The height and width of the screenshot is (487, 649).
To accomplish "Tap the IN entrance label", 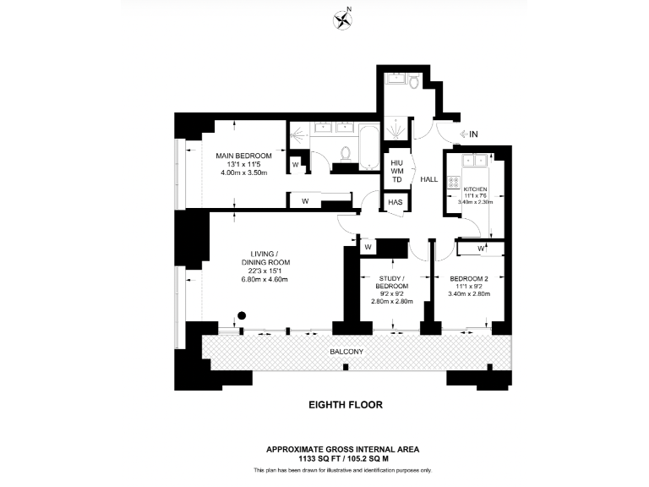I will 474,134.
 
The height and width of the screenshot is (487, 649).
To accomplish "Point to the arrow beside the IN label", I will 460,134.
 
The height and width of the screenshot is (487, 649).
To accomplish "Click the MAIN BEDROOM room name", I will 243,156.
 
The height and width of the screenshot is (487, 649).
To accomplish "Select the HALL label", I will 429,179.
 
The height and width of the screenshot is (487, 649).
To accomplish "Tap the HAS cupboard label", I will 395,203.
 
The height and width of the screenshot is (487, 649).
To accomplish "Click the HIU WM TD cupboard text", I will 397,171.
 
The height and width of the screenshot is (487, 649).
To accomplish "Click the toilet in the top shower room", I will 412,82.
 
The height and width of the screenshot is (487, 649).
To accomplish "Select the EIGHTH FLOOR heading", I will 345,405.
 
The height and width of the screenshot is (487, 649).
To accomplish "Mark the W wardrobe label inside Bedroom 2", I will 480,249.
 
